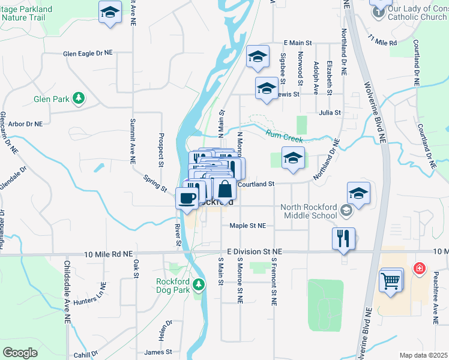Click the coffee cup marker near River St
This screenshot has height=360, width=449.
[x=187, y=199]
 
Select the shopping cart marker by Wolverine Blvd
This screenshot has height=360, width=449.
[x=391, y=280]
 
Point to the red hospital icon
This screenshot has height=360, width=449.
[x=418, y=269]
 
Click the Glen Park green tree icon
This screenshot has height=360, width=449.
[x=77, y=98]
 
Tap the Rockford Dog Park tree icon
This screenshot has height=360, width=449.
[x=199, y=287]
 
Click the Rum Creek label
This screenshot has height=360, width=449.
[x=285, y=137]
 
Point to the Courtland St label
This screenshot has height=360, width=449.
[x=256, y=184]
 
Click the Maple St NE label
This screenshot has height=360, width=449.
[x=247, y=226]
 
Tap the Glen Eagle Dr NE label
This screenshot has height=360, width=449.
[x=88, y=53]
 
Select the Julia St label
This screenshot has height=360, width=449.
[x=330, y=112]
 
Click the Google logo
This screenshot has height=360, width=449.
[x=20, y=353]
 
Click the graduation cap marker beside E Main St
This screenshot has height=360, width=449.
[x=258, y=57]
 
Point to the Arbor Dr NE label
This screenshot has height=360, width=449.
[x=26, y=124]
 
